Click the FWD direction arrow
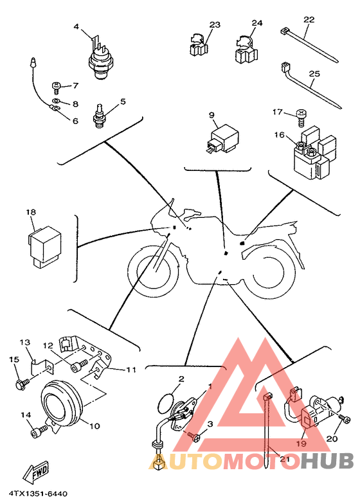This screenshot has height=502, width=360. tap(35, 472)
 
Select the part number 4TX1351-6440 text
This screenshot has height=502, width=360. tap(38, 494)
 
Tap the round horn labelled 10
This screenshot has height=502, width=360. tap(63, 404)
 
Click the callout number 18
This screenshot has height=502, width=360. tap(31, 212)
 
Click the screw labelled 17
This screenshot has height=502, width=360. tap(301, 118)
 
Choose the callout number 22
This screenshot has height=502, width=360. tap(309, 19)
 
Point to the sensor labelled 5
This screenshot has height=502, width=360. tap(99, 116)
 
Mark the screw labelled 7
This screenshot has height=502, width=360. tap(56, 87)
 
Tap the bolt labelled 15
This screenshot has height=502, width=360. tap(22, 382)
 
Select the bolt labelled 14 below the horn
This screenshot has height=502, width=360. tap(39, 431)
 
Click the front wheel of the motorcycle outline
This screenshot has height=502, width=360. tap(153, 271)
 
